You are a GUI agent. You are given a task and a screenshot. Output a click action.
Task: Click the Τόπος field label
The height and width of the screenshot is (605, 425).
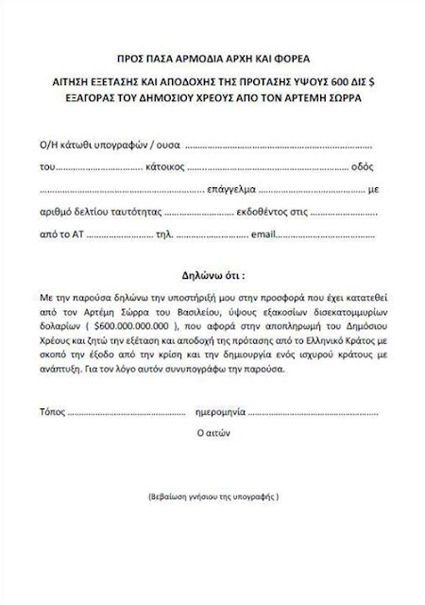54,412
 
